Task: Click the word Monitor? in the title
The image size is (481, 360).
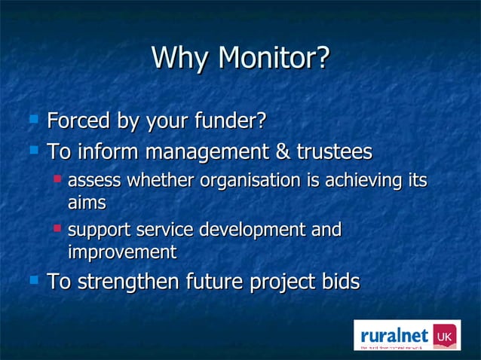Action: [x=274, y=58]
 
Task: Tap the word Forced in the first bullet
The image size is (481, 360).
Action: [x=78, y=121]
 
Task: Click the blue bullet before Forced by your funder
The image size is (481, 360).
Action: [x=33, y=119]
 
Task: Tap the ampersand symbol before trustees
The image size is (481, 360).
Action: [x=283, y=152]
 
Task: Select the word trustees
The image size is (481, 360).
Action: [x=334, y=152]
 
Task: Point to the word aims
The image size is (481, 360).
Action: [x=87, y=203]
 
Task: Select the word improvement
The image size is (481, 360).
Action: [x=122, y=251]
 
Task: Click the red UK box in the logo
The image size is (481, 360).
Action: [x=443, y=334]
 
